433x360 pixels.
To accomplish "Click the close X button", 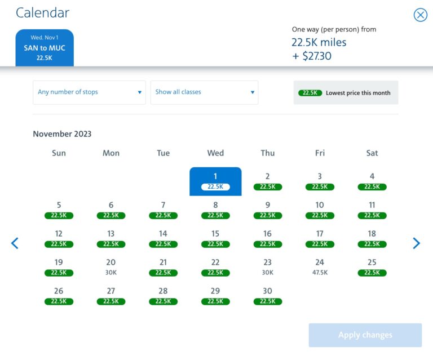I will [421, 15].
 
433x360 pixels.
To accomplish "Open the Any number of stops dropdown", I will [89, 92].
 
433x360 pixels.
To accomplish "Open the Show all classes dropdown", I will [204, 92].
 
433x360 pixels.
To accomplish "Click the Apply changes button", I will [365, 335].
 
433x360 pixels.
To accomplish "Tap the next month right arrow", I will [416, 243].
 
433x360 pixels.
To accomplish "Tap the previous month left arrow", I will [15, 243].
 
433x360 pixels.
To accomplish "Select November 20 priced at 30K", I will [111, 266].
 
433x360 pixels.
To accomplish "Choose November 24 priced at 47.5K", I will [320, 266].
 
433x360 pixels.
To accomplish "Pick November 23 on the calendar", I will [267, 266].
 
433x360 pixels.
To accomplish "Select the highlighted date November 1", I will [215, 181].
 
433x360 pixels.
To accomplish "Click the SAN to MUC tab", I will [45, 48].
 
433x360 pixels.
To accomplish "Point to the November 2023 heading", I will [62, 134].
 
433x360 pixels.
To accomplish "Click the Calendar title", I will [43, 12].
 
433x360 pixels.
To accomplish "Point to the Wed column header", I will [215, 153].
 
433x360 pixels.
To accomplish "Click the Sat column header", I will [372, 153].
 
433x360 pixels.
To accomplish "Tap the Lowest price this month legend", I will [346, 93].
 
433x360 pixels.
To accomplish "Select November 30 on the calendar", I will [267, 295].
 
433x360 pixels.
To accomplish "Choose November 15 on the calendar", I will [215, 238].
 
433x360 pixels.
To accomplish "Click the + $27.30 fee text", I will [311, 55].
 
